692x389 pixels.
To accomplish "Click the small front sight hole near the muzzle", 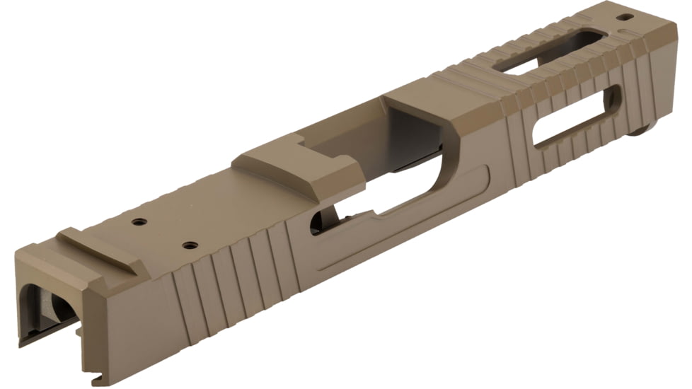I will (625, 16).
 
